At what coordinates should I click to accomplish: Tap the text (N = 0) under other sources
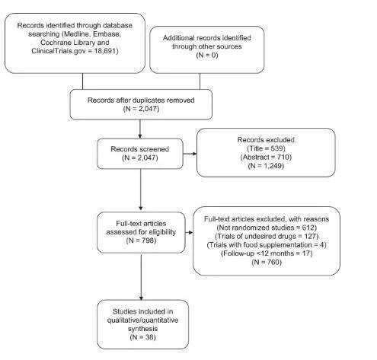coord(207,55)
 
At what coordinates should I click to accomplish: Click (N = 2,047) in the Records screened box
coord(140,158)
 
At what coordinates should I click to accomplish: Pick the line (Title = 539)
coord(266,148)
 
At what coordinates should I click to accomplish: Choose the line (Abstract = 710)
coord(266,157)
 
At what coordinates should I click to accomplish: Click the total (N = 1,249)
coord(266,166)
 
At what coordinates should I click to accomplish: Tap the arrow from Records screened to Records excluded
coord(190,154)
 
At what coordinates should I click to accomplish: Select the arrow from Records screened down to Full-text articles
coord(141,190)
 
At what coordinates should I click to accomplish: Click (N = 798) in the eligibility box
coord(141,241)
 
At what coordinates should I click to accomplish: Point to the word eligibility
coord(162,232)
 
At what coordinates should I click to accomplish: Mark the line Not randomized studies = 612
coord(267,228)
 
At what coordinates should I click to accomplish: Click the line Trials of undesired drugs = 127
coord(267,236)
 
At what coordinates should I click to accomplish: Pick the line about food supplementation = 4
coord(267,245)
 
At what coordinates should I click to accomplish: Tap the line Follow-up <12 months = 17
coord(267,253)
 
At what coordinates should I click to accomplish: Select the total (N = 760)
coord(267,262)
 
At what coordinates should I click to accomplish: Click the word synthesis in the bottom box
coord(142,329)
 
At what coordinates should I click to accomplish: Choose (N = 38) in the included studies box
coord(142,337)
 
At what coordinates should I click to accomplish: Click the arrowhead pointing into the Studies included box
coord(141,298)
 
